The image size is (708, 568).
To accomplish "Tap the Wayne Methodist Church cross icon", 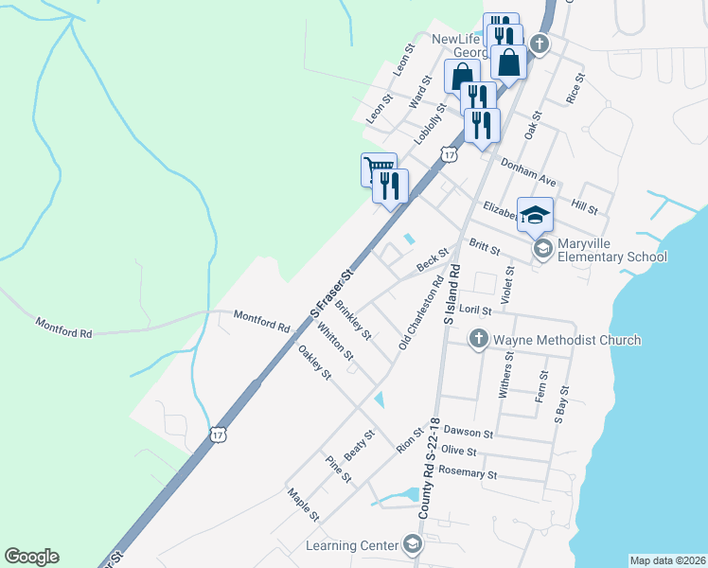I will [x=480, y=339].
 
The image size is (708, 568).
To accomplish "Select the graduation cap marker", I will [x=536, y=215].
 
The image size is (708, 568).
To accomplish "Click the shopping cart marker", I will [x=379, y=169].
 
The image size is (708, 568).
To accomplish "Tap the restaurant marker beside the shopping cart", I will [x=391, y=186].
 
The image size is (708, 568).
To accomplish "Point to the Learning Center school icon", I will [x=413, y=544].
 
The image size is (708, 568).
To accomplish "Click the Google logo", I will [x=31, y=557].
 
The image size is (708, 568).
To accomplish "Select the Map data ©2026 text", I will [x=667, y=560].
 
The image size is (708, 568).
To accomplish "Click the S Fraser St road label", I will [x=332, y=293].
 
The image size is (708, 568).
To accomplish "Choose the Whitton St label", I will [x=335, y=342].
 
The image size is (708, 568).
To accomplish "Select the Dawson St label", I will [x=469, y=433].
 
